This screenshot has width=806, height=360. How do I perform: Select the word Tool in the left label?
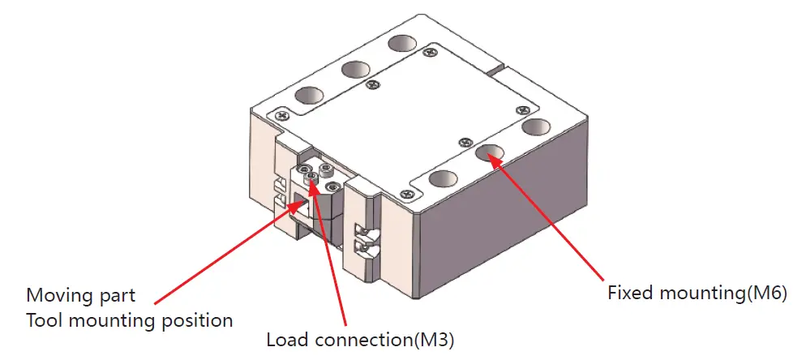pyautogui.click(x=43, y=320)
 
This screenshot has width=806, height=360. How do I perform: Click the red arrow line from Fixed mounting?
pyautogui.click(x=559, y=219)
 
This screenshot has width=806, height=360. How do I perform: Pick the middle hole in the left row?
pyautogui.click(x=355, y=70)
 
